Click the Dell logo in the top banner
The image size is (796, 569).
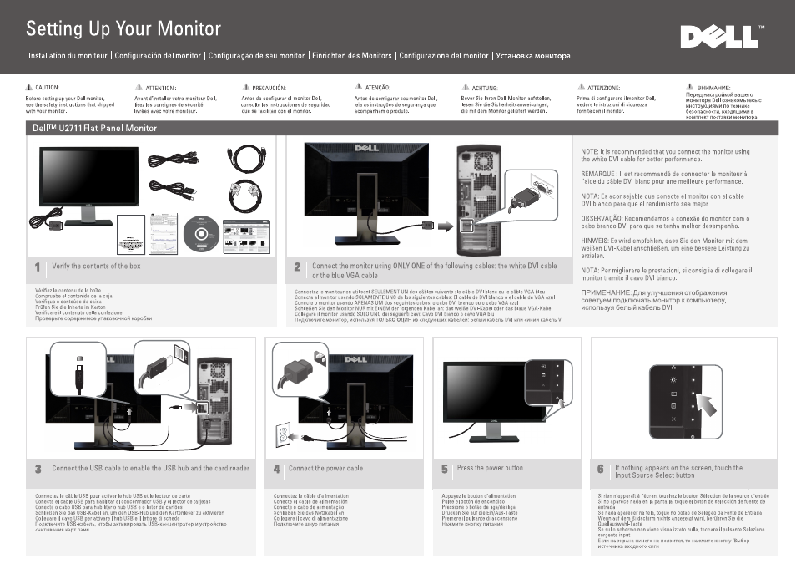(716, 38)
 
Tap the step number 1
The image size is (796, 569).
(38, 267)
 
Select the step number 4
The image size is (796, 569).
(276, 470)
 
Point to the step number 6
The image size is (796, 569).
(600, 470)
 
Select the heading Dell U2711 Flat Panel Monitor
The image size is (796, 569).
(95, 129)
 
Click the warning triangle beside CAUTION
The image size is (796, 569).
(28, 87)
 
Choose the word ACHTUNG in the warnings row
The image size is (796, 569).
(484, 88)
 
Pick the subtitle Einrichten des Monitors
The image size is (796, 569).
(351, 56)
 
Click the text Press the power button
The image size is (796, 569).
(490, 468)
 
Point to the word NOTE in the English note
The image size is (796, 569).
(589, 152)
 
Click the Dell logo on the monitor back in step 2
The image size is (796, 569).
(367, 149)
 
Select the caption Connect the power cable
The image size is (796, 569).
(325, 469)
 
